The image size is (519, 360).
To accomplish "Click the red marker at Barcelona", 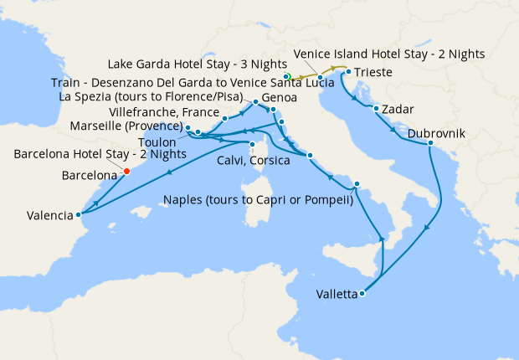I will [x=126, y=171].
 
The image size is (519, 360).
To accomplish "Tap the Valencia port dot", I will [x=78, y=213].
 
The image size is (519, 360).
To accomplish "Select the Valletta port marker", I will [x=362, y=293].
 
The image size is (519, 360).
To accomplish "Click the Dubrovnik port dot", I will [x=430, y=144].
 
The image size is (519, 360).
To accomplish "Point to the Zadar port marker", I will [x=377, y=109].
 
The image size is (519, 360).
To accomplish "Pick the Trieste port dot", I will [x=348, y=72].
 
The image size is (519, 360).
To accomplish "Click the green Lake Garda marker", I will [x=287, y=77].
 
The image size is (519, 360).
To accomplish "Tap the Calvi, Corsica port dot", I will [x=251, y=144].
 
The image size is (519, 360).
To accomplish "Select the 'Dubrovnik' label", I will [x=438, y=133].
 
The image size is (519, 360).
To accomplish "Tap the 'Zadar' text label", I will [x=398, y=109].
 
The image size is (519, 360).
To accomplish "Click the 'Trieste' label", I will [x=372, y=72].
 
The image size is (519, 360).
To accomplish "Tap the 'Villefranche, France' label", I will [x=165, y=112].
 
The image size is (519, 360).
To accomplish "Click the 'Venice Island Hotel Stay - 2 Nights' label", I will [x=388, y=54].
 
